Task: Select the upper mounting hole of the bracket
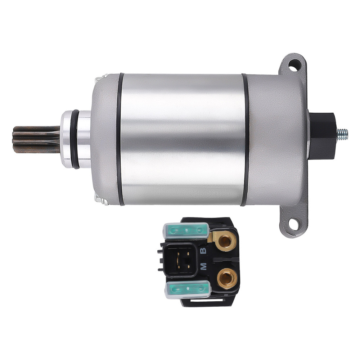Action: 294,66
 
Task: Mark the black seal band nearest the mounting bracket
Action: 245,139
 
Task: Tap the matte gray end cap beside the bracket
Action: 277,139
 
